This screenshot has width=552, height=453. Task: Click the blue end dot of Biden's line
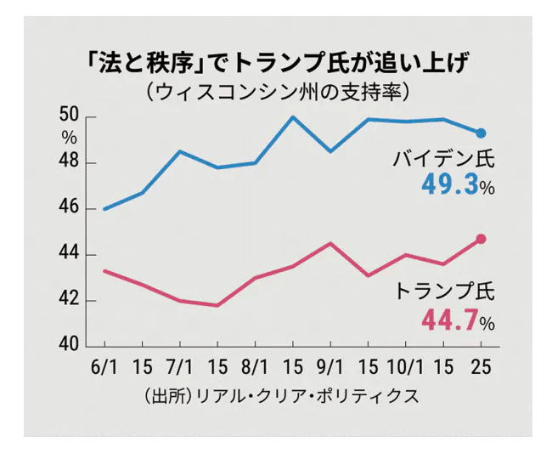click(x=481, y=133)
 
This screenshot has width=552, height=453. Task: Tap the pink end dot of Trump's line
click(x=481, y=239)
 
